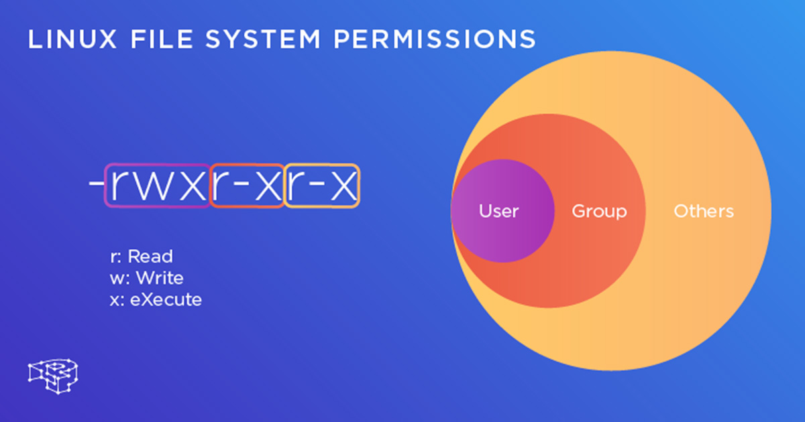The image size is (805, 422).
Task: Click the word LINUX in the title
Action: [x=72, y=39]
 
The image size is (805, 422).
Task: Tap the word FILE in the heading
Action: [x=162, y=39]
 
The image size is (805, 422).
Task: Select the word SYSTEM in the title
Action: [x=262, y=39]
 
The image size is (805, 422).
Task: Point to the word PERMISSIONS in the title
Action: [x=435, y=39]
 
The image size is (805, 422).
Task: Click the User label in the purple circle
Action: [x=499, y=211]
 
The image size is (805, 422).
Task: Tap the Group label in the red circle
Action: [x=600, y=212]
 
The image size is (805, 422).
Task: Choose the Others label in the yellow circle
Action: [x=704, y=211]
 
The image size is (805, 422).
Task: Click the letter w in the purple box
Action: [x=156, y=186]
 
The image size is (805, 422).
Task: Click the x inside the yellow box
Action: [x=344, y=186]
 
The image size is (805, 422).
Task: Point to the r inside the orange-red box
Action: [x=221, y=186]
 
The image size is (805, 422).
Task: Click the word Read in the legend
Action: [x=150, y=256]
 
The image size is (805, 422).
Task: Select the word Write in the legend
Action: [x=160, y=278]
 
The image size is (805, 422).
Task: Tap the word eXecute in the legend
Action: [x=166, y=299]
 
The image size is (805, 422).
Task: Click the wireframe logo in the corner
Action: [x=53, y=376]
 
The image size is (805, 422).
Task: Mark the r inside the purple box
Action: [x=119, y=186]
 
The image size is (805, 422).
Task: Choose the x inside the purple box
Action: [x=193, y=186]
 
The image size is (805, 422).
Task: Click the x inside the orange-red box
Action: [x=268, y=186]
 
